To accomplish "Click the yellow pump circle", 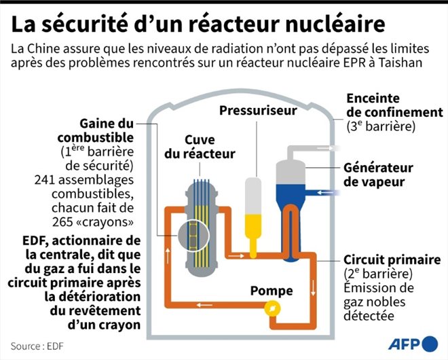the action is [272, 308].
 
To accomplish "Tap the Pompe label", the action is [272, 291].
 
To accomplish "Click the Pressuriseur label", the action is [258, 111].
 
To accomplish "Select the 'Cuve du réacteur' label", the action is [200, 147].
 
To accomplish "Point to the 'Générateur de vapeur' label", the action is [378, 175].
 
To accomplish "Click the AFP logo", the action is [413, 344].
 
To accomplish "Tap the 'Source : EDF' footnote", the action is [37, 346].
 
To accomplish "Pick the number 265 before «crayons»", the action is [62, 222].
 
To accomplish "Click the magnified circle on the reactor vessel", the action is [193, 236].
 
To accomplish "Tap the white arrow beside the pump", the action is [204, 305].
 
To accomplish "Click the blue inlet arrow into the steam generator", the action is [325, 193].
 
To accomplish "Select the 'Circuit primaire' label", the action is [392, 260].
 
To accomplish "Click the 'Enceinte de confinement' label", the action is [395, 105].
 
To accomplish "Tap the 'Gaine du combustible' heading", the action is [96, 130].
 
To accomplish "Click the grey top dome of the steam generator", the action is [291, 172].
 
